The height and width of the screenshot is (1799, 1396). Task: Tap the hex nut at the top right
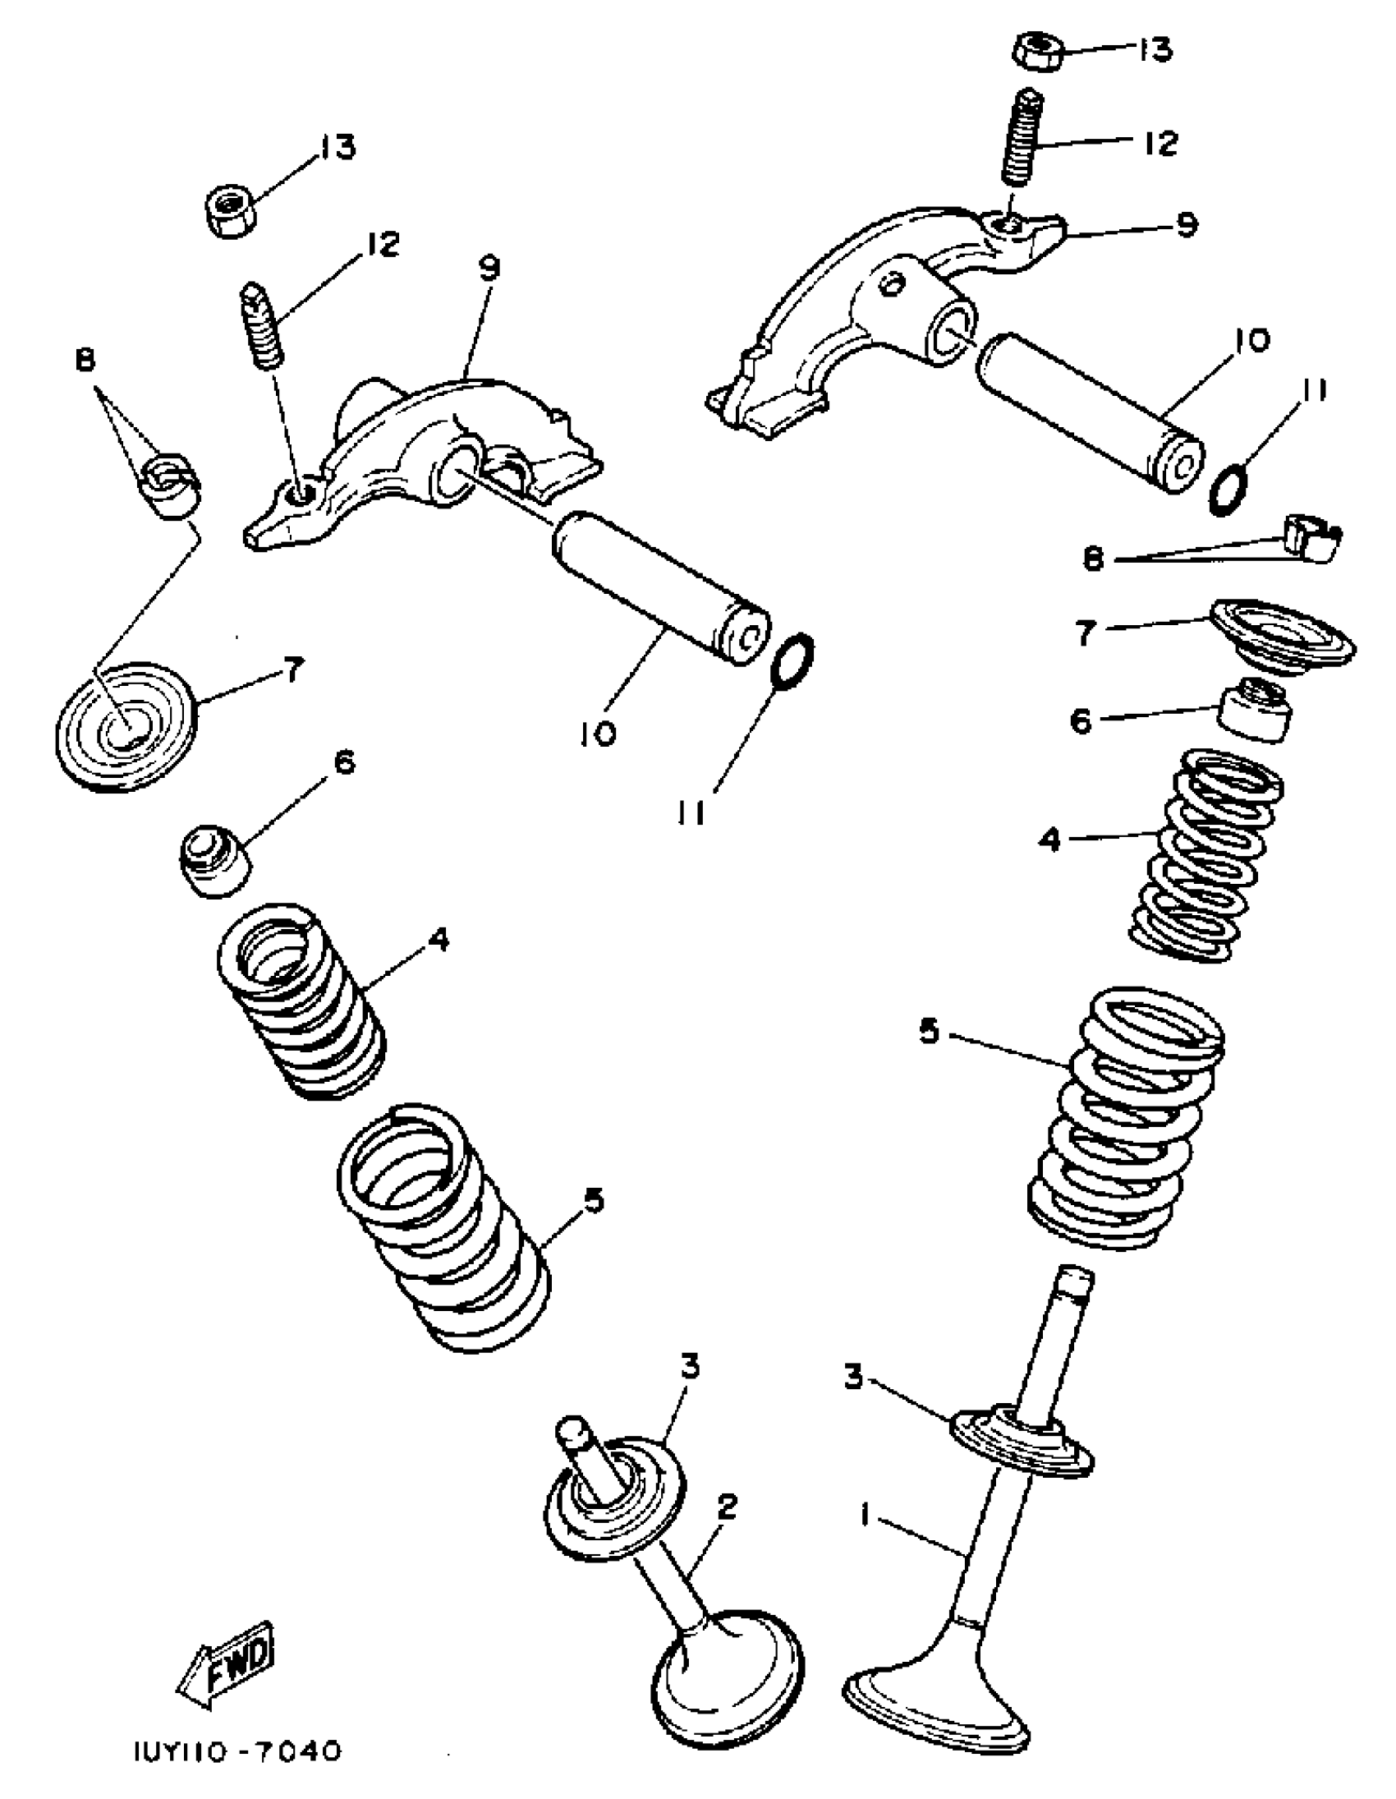pyautogui.click(x=1036, y=51)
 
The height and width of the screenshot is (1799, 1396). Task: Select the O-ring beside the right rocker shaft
pyautogui.click(x=1228, y=489)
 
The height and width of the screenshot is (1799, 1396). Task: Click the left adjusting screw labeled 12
pyautogui.click(x=263, y=326)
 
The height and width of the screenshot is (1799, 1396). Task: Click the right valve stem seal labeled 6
pyautogui.click(x=1253, y=709)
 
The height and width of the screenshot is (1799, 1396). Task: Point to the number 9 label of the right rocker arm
pyautogui.click(x=1185, y=224)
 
